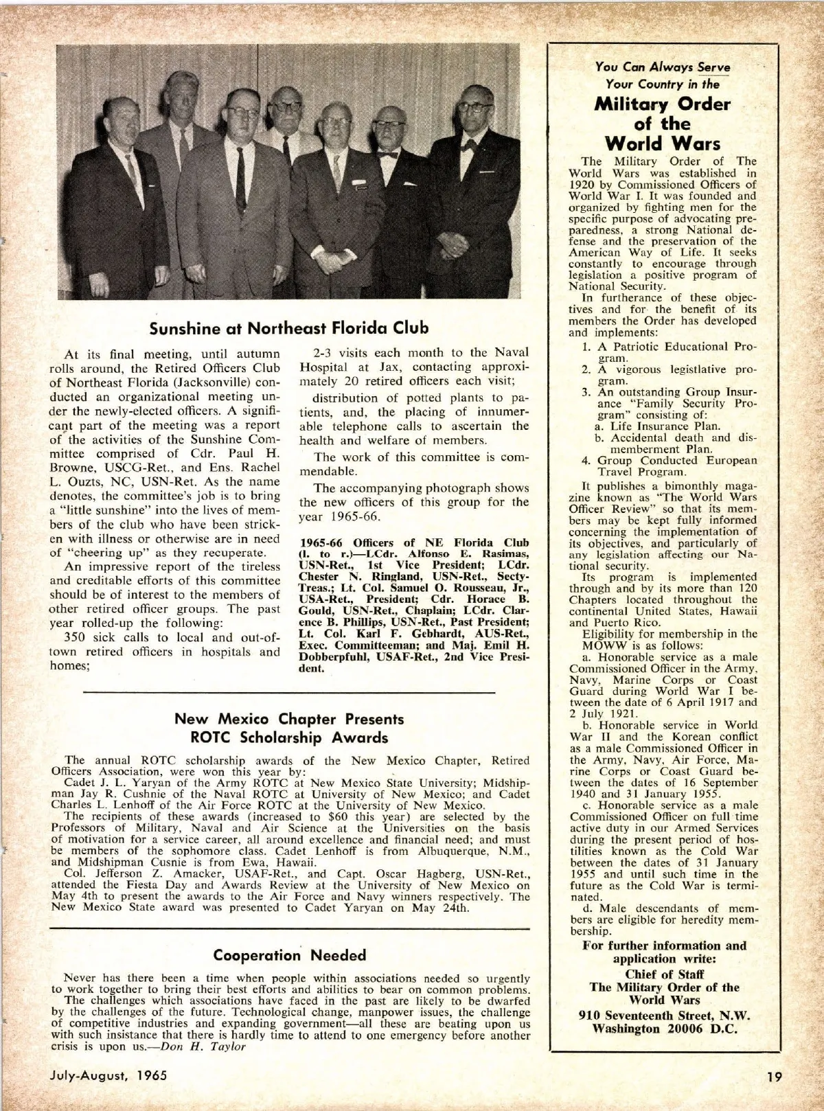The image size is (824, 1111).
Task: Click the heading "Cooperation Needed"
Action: (x=289, y=955)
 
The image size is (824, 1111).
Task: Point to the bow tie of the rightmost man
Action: (x=470, y=145)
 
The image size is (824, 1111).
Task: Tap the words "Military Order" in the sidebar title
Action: (x=662, y=104)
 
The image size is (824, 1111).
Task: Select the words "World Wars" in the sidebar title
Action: (x=662, y=144)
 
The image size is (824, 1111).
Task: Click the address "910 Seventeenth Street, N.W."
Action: (x=664, y=1016)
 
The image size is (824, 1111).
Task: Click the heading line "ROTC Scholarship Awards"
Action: (x=289, y=738)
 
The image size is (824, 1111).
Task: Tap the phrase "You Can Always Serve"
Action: (x=663, y=67)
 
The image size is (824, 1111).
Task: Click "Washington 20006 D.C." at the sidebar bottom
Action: (x=664, y=1029)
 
